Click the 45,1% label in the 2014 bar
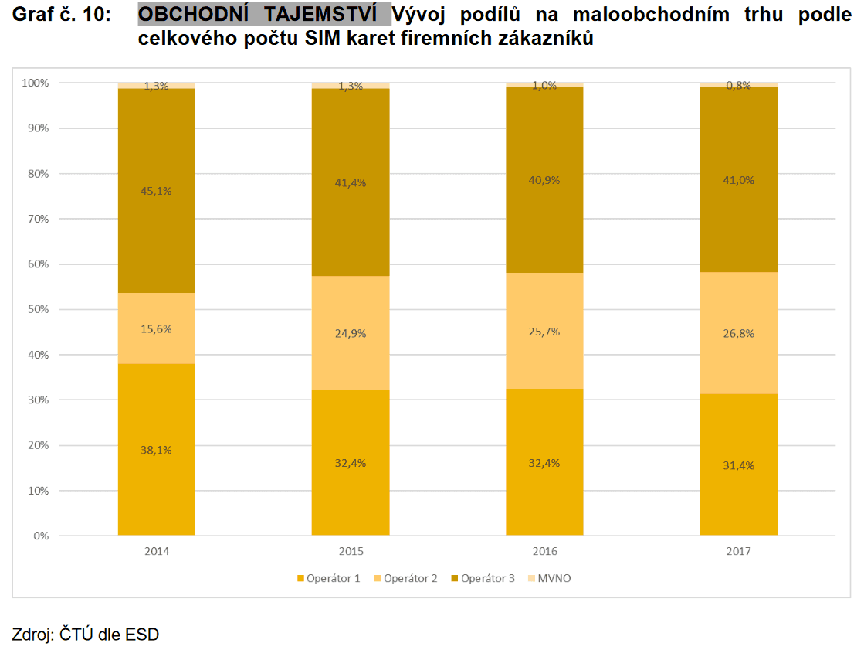[157, 192]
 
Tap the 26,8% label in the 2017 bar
[738, 334]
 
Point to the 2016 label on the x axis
[544, 552]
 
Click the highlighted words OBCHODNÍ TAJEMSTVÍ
[264, 15]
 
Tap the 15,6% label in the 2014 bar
[157, 328]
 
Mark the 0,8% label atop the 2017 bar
[738, 86]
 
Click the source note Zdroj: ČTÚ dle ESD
[85, 635]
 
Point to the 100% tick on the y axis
[35, 83]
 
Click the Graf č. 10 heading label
[62, 15]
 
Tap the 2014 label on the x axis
[157, 552]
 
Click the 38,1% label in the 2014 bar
[157, 451]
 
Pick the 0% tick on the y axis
[40, 536]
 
